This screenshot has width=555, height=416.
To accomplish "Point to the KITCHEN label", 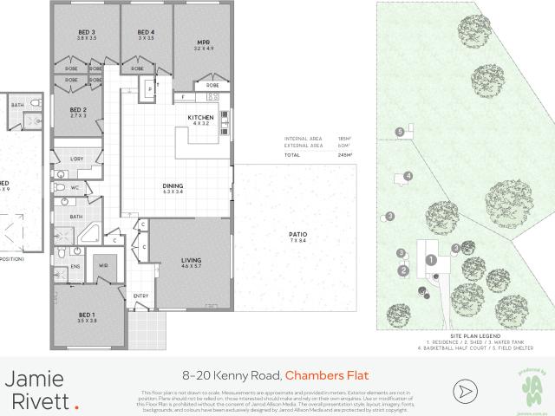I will pyautogui.click(x=200, y=119).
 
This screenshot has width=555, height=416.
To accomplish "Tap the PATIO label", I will pyautogui.click(x=298, y=236).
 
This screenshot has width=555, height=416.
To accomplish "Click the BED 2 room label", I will pyautogui.click(x=79, y=111).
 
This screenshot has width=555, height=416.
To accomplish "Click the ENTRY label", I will pyautogui.click(x=140, y=296).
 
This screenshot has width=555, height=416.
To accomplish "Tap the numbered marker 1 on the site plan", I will pyautogui.click(x=430, y=259).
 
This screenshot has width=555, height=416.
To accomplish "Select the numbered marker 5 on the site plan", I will pyautogui.click(x=399, y=131).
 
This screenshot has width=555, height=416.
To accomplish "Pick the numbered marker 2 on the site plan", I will pyautogui.click(x=403, y=270).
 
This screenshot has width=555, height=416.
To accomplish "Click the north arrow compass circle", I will pyautogui.click(x=466, y=390).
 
